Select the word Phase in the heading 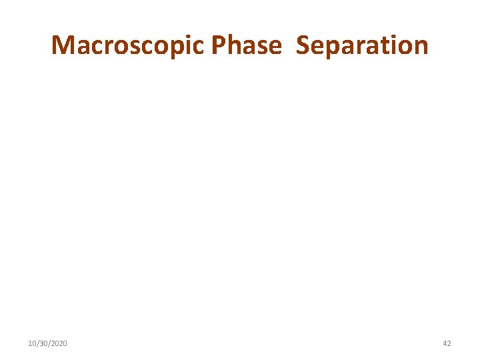pos(246,45)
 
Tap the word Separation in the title pos(362,45)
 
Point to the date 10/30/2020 pos(47,343)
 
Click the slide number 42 pos(447,343)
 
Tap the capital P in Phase pos(218,45)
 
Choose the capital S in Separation pos(303,45)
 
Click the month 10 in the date pos(32,343)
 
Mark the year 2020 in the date pos(58,343)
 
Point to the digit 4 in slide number pos(445,343)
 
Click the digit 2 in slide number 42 pos(449,343)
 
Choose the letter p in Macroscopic pos(179,48)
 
